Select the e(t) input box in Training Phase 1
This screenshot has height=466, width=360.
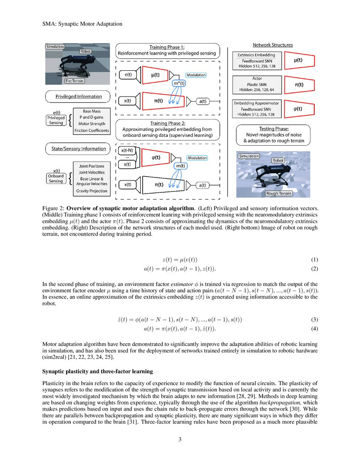point(125,75)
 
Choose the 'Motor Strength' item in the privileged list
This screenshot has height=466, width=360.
point(91,124)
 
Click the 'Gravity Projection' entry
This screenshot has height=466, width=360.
point(91,191)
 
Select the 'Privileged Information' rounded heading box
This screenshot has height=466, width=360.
point(78,97)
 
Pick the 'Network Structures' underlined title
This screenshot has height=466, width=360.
point(272,45)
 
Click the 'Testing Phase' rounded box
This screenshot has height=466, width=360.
point(273,134)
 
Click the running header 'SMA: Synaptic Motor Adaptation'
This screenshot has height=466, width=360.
point(82,24)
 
